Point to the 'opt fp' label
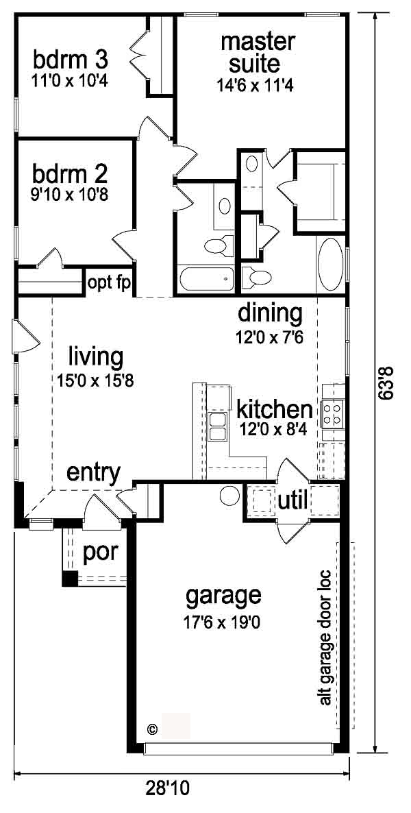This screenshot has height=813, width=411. (109, 283)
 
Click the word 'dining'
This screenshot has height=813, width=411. (269, 315)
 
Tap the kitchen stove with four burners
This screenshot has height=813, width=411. (332, 414)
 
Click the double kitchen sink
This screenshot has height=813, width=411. (217, 426)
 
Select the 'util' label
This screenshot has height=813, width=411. (294, 501)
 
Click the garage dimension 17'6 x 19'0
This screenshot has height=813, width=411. (222, 622)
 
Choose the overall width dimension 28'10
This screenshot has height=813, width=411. (167, 788)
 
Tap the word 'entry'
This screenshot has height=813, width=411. (94, 474)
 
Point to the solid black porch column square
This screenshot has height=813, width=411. (69, 579)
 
